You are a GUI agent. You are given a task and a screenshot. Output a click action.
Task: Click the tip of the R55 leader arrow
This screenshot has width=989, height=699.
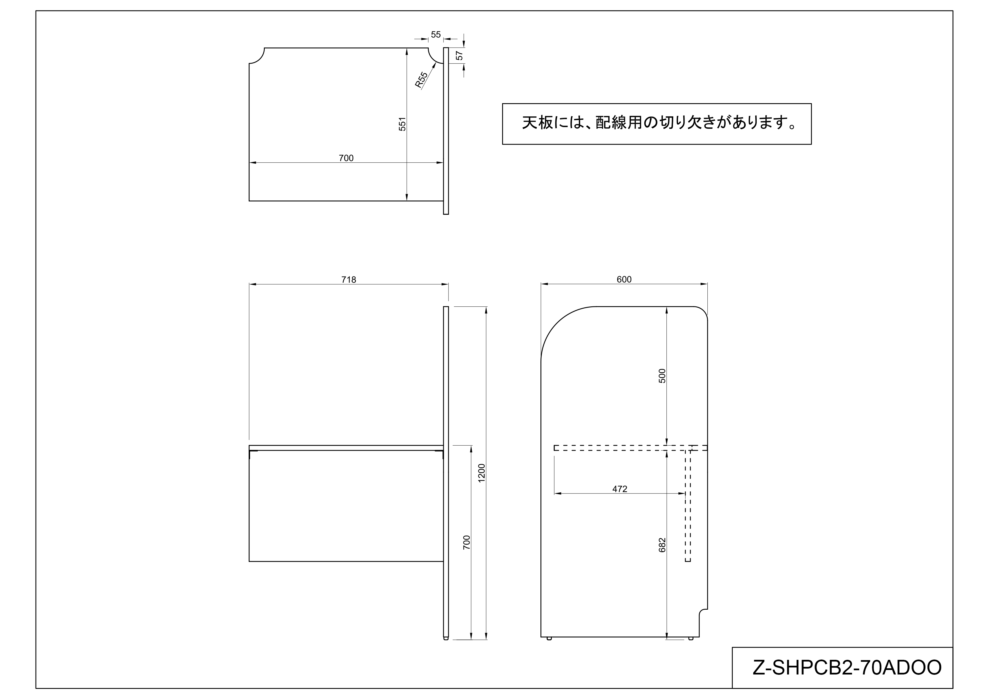[x=436, y=62]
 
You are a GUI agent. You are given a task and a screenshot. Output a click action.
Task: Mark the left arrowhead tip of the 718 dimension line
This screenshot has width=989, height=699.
[x=250, y=284]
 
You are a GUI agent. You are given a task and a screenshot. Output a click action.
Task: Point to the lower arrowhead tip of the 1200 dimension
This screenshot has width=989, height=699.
[x=486, y=640]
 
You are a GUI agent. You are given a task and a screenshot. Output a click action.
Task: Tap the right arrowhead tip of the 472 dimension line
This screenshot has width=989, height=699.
[x=685, y=494]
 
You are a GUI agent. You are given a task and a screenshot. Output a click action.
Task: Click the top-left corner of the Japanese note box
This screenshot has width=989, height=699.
[x=503, y=104]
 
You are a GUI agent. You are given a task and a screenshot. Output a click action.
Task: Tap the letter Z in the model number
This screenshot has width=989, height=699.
[x=759, y=667]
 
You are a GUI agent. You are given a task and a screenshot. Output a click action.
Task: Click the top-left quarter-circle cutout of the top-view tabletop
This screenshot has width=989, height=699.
[x=257, y=56]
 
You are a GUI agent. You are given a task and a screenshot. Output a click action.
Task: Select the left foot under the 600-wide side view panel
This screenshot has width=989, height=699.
[x=549, y=639]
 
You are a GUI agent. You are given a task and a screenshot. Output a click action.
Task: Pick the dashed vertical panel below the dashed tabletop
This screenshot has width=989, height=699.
[x=688, y=506]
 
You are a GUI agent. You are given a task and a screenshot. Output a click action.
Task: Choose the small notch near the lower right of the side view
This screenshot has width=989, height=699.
[x=703, y=614]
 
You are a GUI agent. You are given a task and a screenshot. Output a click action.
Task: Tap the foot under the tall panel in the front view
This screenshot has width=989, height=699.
[x=446, y=639]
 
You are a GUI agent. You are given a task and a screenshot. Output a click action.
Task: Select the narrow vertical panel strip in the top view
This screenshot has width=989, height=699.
[x=446, y=131]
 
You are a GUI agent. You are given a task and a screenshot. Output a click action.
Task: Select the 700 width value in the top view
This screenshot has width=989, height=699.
[x=346, y=158]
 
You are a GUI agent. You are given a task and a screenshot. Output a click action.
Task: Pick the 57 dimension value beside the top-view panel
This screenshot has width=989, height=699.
[x=459, y=56]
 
